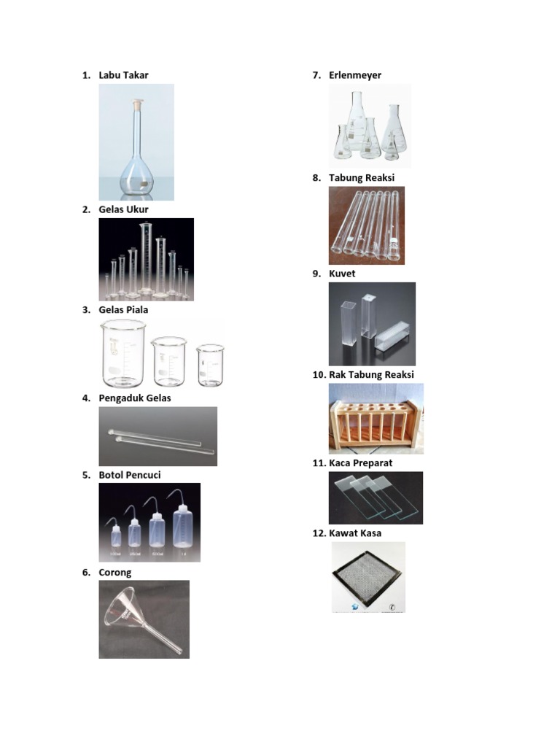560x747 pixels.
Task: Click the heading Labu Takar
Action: tap(123, 75)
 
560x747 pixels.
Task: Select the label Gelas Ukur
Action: tap(123, 209)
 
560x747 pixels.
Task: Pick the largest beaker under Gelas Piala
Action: tap(123, 355)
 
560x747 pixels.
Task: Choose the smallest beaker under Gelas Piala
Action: tap(210, 364)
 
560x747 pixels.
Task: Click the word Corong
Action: tap(115, 573)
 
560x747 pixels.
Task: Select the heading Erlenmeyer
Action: tap(355, 75)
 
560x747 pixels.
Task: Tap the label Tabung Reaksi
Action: tap(361, 177)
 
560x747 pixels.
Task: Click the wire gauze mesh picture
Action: tap(368, 576)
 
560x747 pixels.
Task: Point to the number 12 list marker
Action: tap(319, 533)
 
